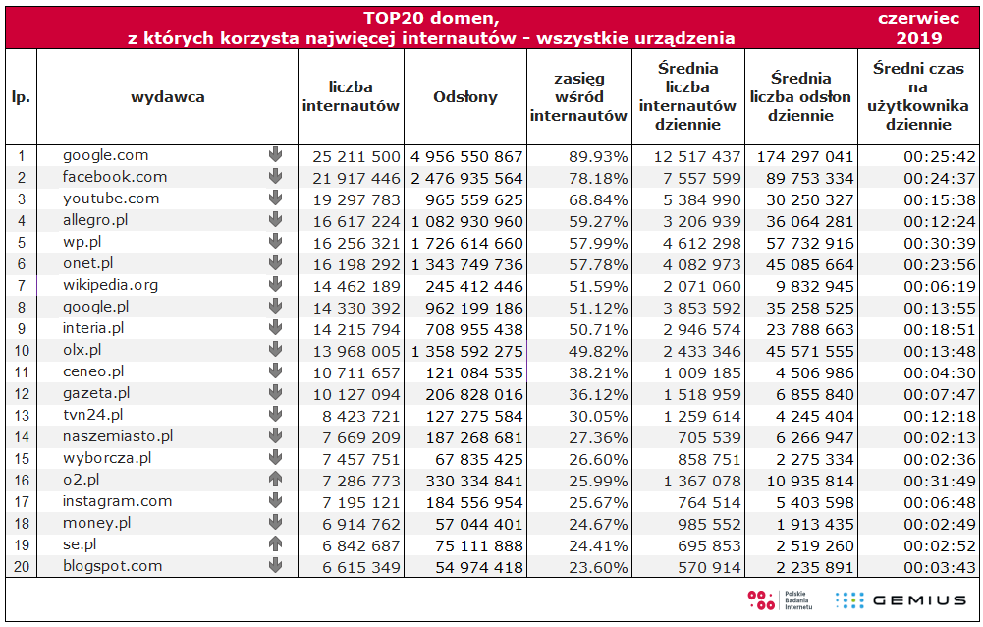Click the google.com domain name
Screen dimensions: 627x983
pos(106,155)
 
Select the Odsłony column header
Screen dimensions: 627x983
pos(465,97)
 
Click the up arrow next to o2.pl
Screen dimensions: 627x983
pos(275,480)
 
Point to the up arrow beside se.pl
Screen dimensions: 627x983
pos(275,544)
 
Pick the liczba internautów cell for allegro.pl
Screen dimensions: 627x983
pos(356,221)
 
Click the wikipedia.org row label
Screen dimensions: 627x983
pos(110,285)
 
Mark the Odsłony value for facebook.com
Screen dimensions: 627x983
pos(467,178)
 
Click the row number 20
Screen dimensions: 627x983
pos(21,566)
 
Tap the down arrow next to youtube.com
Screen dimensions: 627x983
pos(275,199)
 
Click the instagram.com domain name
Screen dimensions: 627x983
pos(117,501)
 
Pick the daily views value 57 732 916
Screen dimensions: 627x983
pos(806,243)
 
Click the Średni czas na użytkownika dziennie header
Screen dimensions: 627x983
pos(918,96)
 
